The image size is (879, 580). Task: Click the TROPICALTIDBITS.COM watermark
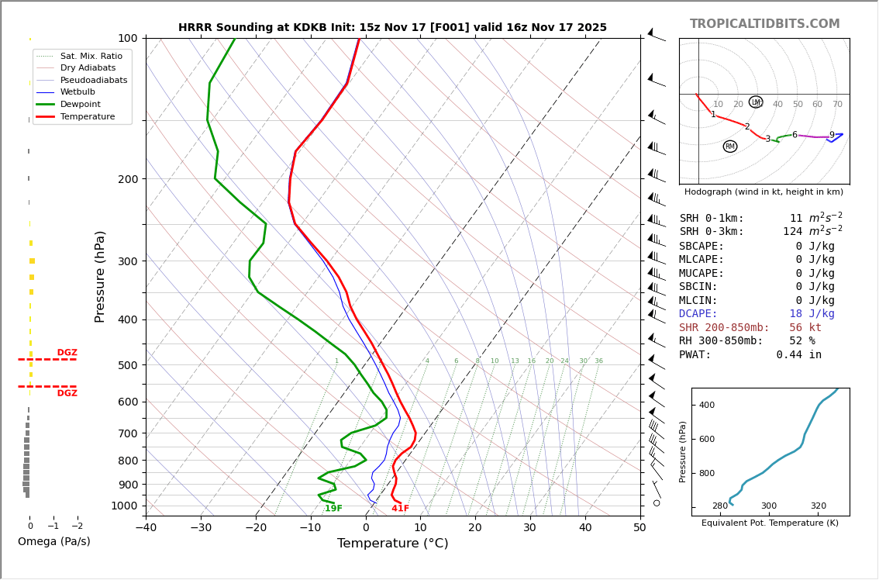764,24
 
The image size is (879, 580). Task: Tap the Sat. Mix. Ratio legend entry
91,56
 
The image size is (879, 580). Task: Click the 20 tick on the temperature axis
475,528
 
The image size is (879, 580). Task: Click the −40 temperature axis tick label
146,528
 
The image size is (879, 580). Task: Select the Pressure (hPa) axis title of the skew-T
100,276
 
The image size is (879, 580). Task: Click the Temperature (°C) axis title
392,544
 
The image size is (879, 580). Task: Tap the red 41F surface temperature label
400,509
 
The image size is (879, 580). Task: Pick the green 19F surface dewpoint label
333,509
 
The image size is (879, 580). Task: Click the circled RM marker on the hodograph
730,147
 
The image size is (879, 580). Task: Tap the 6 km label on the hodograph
795,135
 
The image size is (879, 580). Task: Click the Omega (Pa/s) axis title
54,542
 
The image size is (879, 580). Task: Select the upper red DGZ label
67,353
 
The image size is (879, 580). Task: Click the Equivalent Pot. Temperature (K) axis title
770,523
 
